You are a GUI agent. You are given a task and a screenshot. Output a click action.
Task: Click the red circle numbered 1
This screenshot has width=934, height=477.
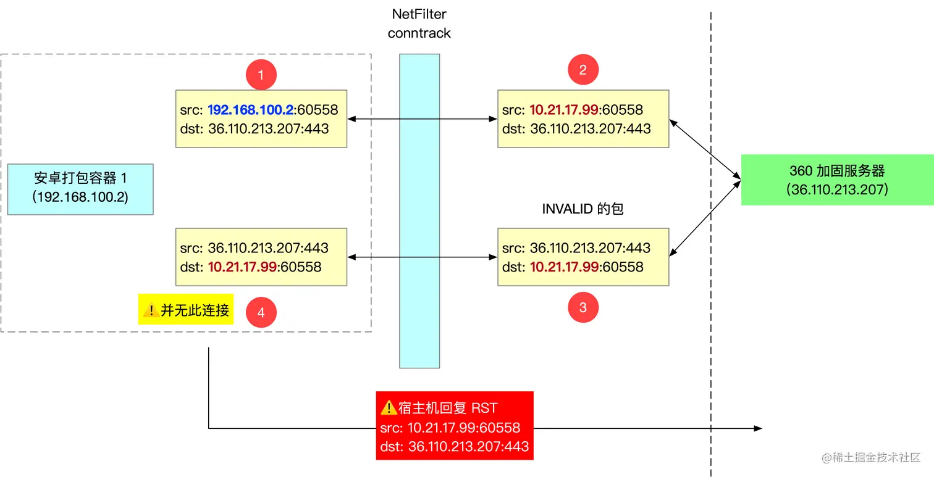tap(261, 75)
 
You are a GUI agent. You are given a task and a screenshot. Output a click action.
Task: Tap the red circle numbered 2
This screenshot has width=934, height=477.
tap(583, 70)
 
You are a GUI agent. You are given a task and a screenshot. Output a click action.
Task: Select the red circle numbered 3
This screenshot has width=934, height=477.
tap(583, 307)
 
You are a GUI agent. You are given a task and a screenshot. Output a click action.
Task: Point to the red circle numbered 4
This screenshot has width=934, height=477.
tap(261, 312)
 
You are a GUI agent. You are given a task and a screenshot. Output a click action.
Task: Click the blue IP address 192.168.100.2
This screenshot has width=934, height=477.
tap(251, 110)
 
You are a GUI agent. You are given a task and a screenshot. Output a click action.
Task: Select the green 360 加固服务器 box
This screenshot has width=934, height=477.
tap(837, 180)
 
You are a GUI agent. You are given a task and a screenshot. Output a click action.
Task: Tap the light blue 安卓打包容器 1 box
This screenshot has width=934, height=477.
tap(80, 189)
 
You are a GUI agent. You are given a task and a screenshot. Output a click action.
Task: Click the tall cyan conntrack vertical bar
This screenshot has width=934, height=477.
tap(419, 210)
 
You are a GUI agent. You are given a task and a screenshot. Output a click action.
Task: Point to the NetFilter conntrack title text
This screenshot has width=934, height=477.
tap(419, 23)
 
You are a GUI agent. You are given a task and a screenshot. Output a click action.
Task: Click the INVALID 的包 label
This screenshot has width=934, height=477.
tap(583, 209)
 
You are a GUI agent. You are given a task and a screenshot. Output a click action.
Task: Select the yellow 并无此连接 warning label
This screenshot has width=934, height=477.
tap(186, 309)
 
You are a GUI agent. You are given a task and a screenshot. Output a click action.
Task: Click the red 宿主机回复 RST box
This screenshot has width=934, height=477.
tap(455, 426)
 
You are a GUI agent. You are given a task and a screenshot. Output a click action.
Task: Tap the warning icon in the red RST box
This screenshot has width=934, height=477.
tap(389, 407)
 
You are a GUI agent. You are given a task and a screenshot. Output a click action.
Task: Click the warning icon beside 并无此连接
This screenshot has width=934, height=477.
tap(151, 310)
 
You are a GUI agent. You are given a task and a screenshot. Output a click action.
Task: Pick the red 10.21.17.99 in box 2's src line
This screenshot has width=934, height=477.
tap(564, 110)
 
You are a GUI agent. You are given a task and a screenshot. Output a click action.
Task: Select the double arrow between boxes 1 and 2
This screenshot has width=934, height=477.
tap(423, 119)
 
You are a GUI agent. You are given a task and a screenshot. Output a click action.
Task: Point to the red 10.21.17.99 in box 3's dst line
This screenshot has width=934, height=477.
tap(564, 267)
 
